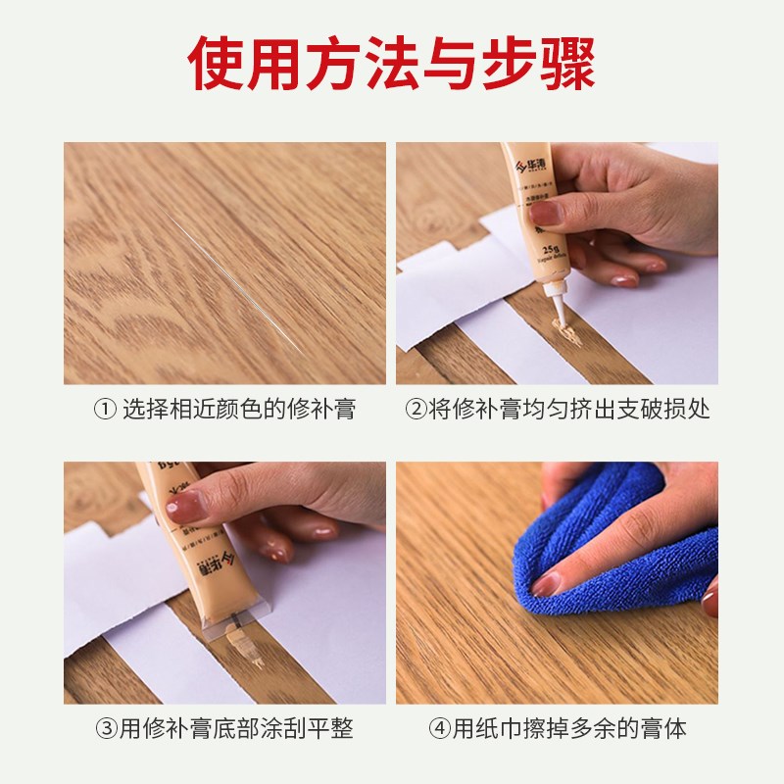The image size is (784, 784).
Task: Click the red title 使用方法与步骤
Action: [392, 62]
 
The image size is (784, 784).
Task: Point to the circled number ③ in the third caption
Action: [104, 729]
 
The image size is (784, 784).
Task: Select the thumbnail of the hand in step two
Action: [545, 212]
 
